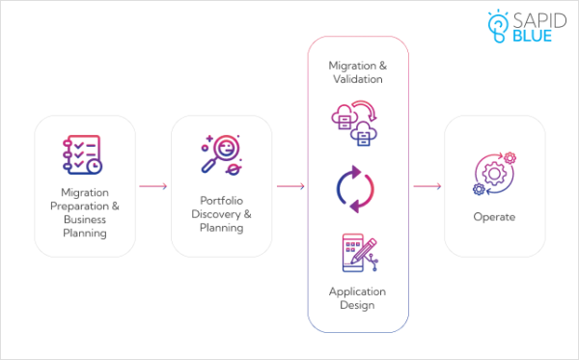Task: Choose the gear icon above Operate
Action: (x=493, y=172)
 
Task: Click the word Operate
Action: (x=493, y=217)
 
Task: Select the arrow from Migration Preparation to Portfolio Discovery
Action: (x=153, y=186)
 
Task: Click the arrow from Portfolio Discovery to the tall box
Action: (x=290, y=186)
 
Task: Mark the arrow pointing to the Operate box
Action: (x=427, y=186)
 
